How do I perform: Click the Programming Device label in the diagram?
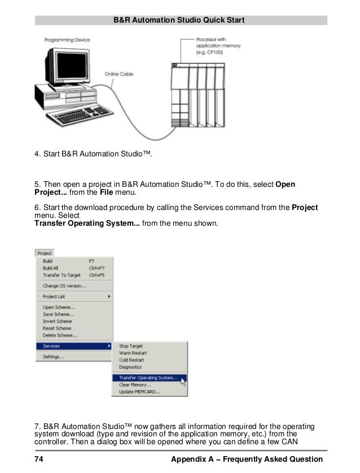coord(67,40)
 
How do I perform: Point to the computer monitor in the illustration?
coord(69,66)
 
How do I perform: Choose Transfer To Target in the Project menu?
coord(62,275)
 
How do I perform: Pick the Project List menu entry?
coord(54,296)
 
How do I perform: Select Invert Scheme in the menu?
coord(58,321)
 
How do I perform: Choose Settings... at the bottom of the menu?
coord(54,357)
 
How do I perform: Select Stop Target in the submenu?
coord(131,346)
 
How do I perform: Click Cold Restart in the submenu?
coord(131,360)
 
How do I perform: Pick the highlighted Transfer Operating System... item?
coord(148,378)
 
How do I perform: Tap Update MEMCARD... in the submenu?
coord(140,392)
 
